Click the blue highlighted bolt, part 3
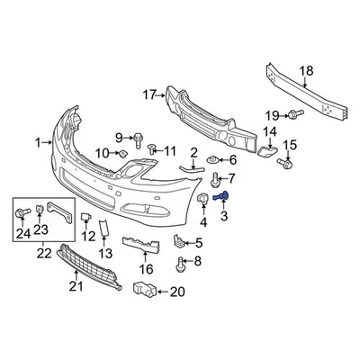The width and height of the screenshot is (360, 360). [x=224, y=196]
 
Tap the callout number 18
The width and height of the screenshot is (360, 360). [x=306, y=72]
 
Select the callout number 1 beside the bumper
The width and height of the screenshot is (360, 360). [x=39, y=141]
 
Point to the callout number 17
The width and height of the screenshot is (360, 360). [x=149, y=93]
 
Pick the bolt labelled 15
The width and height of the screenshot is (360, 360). [x=286, y=164]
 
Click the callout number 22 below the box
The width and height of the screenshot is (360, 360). [x=42, y=255]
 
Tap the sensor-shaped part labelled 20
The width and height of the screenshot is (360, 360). [x=143, y=290]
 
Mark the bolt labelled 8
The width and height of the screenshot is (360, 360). [x=182, y=264]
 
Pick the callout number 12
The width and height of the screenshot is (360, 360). [x=87, y=236]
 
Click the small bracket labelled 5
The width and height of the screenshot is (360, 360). [x=179, y=241]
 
